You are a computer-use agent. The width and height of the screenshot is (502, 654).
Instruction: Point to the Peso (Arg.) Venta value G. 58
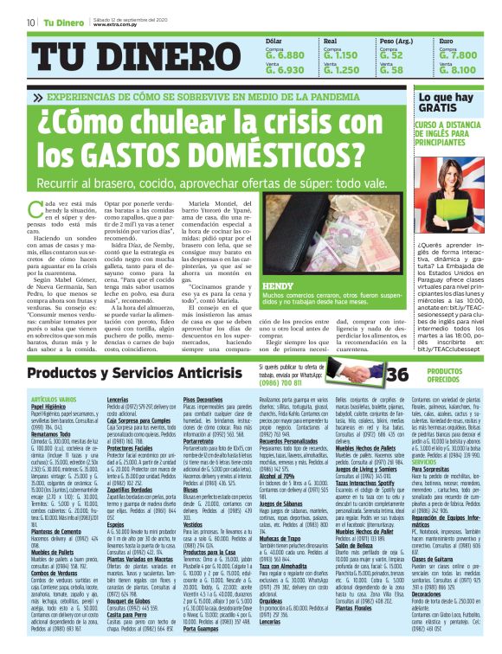[391, 70]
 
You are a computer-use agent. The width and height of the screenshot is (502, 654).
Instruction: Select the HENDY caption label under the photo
[277, 285]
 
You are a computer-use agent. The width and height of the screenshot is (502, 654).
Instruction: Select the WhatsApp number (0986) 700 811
[289, 357]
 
